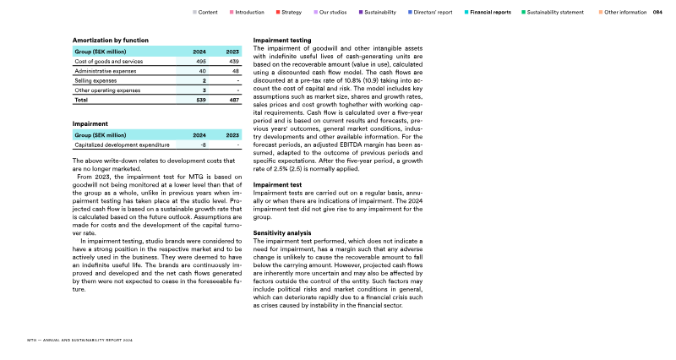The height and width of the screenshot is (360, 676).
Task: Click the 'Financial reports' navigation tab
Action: click(490, 13)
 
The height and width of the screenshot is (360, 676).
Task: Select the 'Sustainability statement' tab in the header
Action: click(554, 13)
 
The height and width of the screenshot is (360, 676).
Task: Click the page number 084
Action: click(657, 13)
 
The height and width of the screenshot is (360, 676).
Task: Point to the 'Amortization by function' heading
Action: click(111, 40)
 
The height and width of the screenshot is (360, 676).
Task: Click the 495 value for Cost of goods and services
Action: click(201, 62)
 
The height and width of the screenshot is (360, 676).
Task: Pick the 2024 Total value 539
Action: click(201, 100)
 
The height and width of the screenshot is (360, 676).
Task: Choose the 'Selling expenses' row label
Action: click(95, 80)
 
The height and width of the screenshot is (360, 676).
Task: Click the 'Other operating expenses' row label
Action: click(106, 90)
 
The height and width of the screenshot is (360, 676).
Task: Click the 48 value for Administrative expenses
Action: click(236, 71)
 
